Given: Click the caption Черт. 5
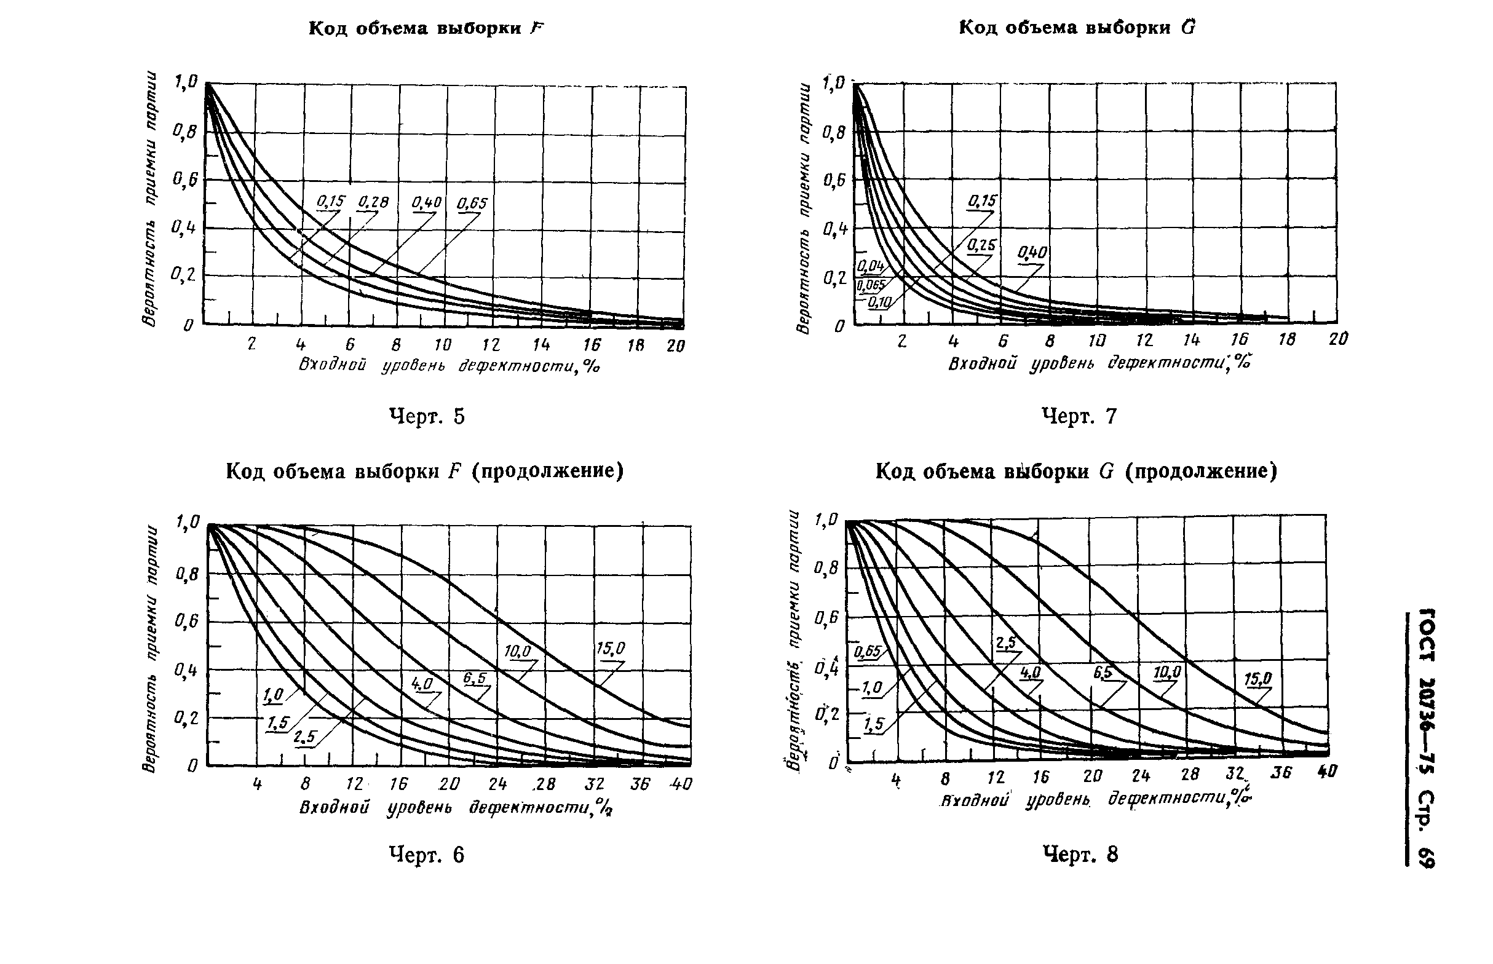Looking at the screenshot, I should click(x=427, y=416).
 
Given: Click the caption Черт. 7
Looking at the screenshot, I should click(x=1079, y=416).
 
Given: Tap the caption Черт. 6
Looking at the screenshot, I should click(x=427, y=855).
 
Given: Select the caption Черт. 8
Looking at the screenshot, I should click(x=1080, y=854).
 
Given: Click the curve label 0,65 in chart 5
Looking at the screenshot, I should click(x=472, y=203).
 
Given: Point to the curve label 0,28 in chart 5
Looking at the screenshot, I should click(x=373, y=202).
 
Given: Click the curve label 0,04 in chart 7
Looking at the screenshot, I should click(x=869, y=267).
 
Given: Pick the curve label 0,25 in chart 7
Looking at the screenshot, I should click(x=980, y=245).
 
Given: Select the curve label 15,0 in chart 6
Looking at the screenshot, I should click(x=611, y=649).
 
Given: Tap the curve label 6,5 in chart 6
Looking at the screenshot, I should click(x=475, y=678).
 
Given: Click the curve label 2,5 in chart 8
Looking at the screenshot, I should click(x=1006, y=643).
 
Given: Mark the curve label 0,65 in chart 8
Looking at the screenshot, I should click(x=866, y=652).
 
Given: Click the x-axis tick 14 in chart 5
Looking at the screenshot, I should click(x=541, y=345).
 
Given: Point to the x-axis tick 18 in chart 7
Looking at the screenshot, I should click(x=1287, y=339).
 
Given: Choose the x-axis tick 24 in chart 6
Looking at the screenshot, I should click(x=497, y=784).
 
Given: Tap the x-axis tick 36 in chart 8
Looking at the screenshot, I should click(x=1281, y=773).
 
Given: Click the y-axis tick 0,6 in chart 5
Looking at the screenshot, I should click(x=184, y=180).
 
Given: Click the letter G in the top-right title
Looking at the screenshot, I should click(x=1187, y=28).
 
